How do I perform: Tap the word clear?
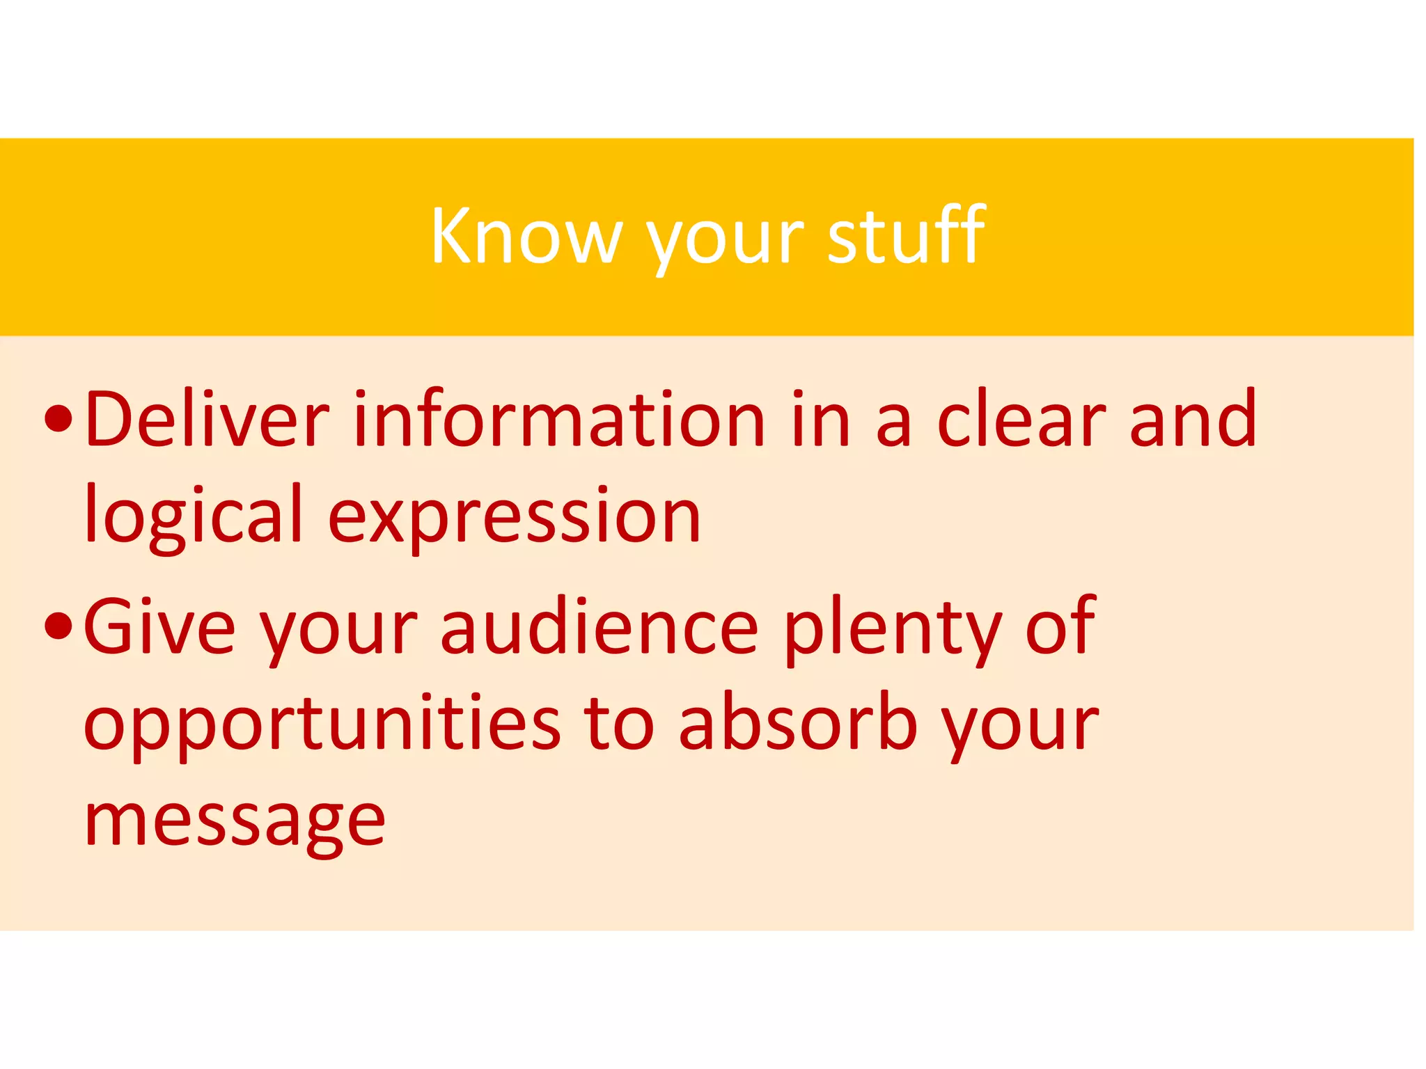[x=1021, y=420]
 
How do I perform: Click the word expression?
[x=514, y=518]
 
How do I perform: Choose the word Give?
[x=159, y=626]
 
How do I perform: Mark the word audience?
[x=599, y=626]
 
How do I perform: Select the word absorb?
[x=797, y=724]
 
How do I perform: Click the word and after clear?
[x=1193, y=418]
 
